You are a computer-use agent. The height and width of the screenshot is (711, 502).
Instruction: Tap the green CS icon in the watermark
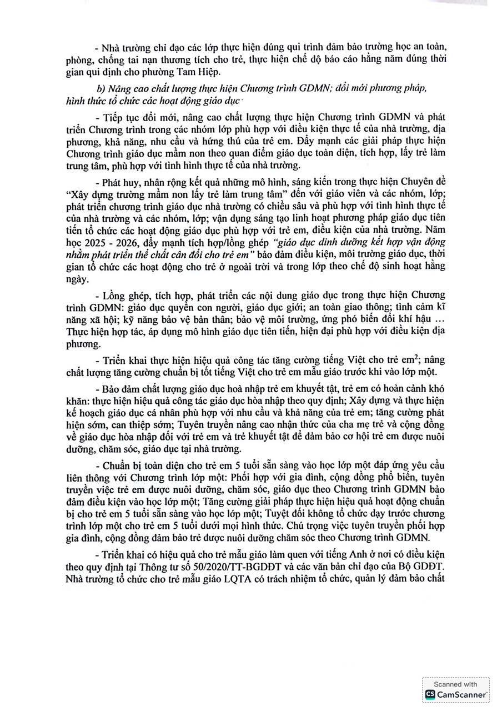[x=430, y=694]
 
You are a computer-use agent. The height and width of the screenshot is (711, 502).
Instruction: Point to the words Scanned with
[x=455, y=684]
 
